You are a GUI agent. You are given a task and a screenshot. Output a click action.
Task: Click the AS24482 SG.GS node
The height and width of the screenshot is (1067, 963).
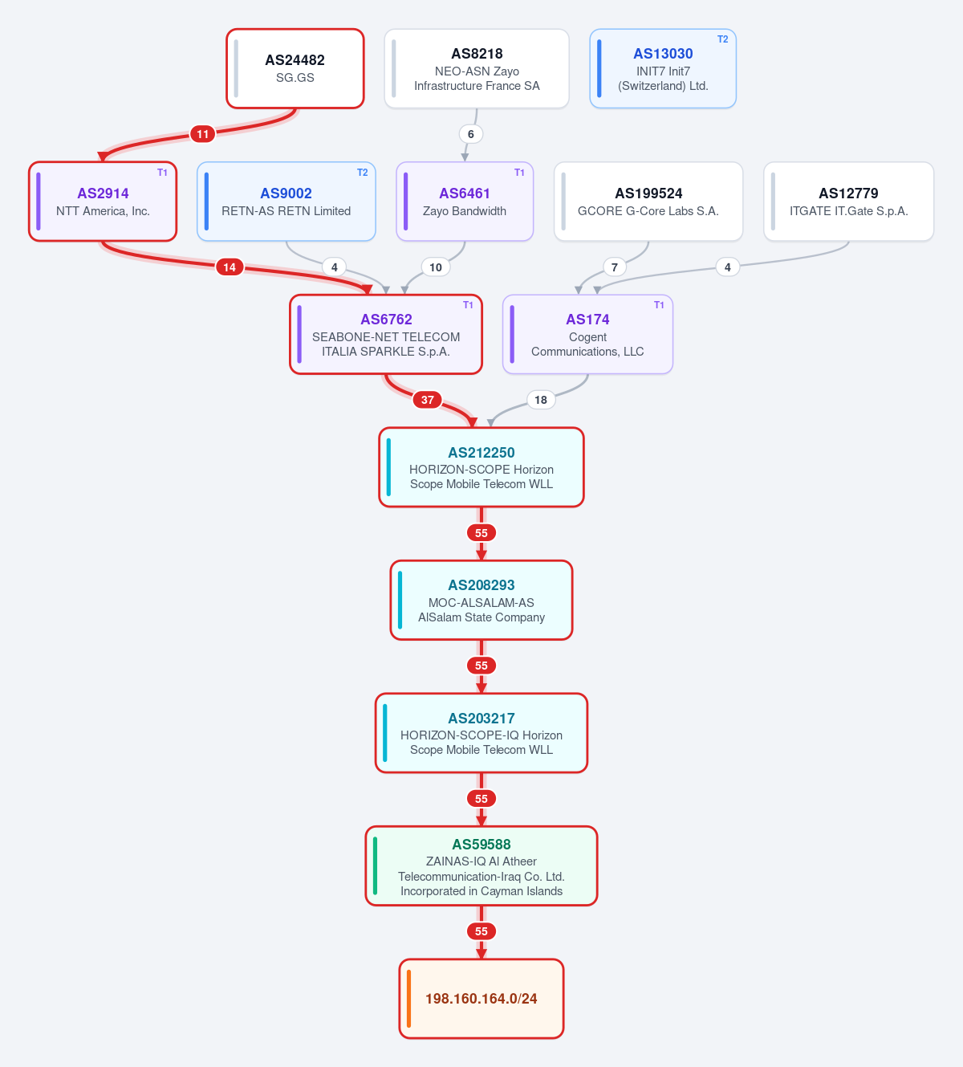point(295,68)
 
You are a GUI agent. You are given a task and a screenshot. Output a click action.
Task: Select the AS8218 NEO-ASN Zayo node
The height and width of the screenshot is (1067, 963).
point(477,68)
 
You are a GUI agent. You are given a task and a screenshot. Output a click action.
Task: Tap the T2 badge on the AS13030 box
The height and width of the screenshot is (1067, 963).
point(722,39)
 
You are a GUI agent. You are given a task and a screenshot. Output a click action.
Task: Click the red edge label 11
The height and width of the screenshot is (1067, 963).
point(202,134)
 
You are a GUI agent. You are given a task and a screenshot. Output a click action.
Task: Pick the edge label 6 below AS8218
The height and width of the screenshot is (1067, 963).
point(470,134)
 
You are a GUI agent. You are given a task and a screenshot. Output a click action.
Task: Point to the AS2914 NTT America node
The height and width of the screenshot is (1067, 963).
point(103,202)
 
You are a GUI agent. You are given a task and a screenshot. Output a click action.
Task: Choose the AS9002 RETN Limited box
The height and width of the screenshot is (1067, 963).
point(286,202)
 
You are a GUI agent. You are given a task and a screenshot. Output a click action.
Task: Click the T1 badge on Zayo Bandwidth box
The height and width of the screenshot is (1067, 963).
point(519,173)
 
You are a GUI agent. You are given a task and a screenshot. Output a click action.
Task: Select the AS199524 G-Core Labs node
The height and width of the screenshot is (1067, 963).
point(648,202)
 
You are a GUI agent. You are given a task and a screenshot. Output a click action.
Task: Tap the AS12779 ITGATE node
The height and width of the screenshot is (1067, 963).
point(849,202)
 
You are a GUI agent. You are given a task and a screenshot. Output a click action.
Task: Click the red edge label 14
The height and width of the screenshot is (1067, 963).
point(230,267)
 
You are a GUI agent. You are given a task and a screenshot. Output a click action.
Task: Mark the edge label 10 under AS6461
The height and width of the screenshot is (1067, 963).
point(436,267)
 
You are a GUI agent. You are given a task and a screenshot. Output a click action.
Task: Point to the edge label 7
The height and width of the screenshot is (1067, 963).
point(615,267)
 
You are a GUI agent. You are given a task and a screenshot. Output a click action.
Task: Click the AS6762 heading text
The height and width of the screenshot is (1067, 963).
point(386,320)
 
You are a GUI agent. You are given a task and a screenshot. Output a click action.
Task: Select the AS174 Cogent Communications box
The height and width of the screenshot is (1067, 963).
point(587,335)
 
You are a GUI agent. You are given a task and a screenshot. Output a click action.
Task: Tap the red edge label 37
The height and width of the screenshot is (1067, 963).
point(428,400)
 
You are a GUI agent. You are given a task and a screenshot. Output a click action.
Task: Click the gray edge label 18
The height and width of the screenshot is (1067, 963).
point(541,400)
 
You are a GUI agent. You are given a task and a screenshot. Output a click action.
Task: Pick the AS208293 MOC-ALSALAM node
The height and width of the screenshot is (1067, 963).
point(481,600)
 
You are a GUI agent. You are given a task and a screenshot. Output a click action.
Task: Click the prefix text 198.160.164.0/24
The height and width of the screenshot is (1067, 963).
point(481,999)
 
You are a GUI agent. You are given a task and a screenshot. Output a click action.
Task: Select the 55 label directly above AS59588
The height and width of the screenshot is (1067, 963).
point(481,798)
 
